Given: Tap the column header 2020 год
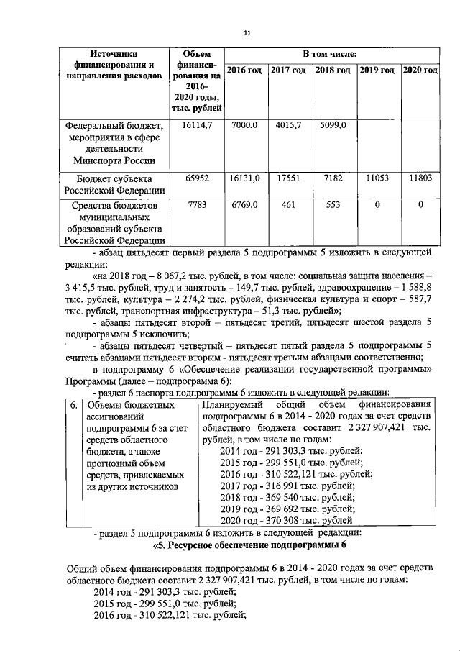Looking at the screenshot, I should (x=420, y=70).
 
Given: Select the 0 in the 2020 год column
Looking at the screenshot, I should (x=420, y=205).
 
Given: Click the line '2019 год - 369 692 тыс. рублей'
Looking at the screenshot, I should (x=282, y=508).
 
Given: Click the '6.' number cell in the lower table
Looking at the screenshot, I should (x=73, y=405).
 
